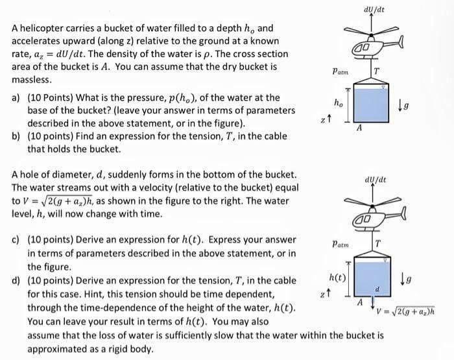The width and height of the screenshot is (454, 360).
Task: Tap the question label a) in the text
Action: [16, 98]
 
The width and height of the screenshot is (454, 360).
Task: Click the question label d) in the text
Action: [16, 280]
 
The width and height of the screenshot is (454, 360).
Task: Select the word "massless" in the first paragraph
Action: [30, 79]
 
